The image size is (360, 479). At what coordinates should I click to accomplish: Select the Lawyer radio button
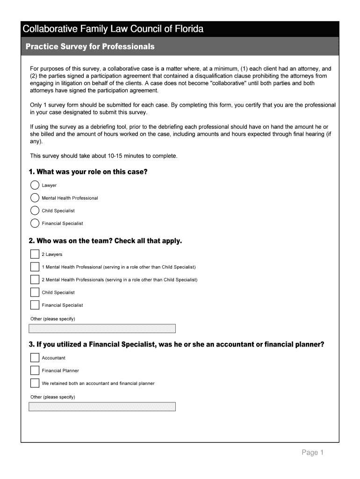click(35, 185)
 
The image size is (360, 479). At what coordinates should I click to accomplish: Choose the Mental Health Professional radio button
click(35, 198)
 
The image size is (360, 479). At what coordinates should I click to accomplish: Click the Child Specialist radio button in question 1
click(35, 210)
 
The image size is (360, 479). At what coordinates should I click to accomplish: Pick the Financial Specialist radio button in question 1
click(35, 223)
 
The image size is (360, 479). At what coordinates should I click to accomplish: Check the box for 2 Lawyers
click(35, 254)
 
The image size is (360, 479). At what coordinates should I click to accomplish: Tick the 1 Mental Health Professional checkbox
click(35, 267)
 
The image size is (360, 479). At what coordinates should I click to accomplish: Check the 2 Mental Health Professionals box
click(35, 280)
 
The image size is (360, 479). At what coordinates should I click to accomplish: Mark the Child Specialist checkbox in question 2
click(35, 292)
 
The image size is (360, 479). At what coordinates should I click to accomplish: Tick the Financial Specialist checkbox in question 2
click(35, 305)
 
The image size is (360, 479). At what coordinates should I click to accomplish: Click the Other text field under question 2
click(102, 328)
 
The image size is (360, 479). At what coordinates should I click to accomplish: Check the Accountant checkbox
click(35, 358)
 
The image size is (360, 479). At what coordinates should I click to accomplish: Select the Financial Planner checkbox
click(35, 370)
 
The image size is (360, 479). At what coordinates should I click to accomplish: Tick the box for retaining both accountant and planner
click(35, 383)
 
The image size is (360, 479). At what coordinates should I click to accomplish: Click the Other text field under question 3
click(102, 406)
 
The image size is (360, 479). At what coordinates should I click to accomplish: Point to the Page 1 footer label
click(312, 452)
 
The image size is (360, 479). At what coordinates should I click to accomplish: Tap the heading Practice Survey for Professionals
click(90, 47)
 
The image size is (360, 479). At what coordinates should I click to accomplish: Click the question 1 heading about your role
click(88, 172)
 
